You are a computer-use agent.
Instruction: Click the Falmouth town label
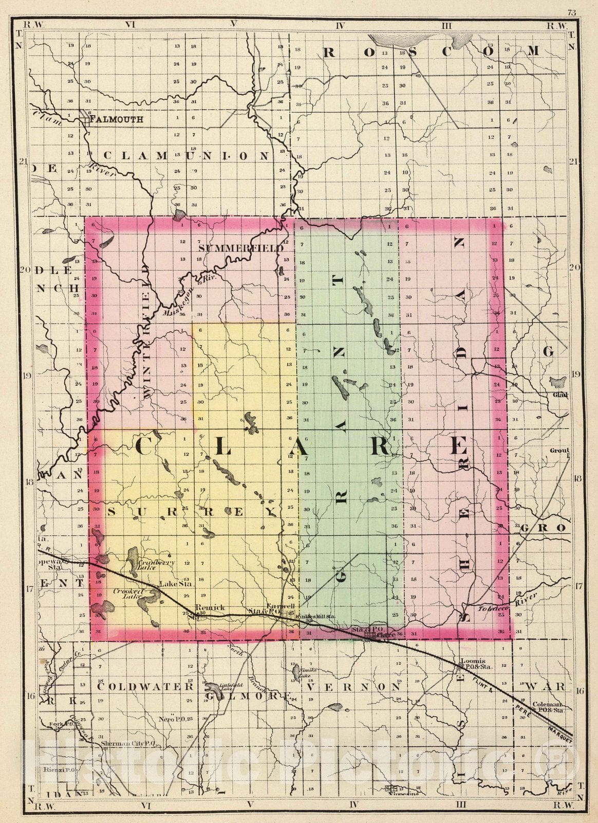[116, 120]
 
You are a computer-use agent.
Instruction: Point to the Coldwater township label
[144, 686]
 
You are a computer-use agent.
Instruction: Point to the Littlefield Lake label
[230, 686]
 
